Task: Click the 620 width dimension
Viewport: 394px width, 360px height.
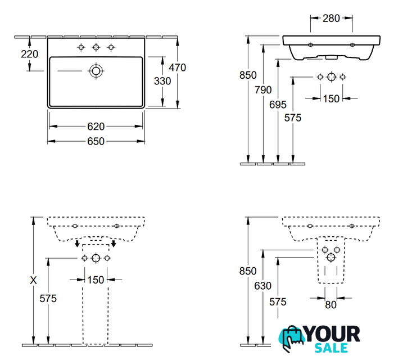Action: pos(96,127)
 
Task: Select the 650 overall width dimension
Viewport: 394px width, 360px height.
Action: pos(96,141)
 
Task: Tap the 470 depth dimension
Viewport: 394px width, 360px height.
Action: pos(178,67)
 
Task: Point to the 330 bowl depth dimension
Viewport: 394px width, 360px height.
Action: pos(162,81)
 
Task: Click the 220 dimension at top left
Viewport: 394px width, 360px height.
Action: pos(29,54)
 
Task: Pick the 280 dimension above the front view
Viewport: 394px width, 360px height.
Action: pos(331,18)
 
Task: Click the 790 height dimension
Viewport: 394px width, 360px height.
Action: pos(263,90)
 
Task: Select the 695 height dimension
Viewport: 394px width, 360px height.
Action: pos(278,105)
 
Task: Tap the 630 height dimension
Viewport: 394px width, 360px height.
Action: pos(263,286)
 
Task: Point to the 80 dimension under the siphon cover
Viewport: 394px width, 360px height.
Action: pos(330,305)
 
